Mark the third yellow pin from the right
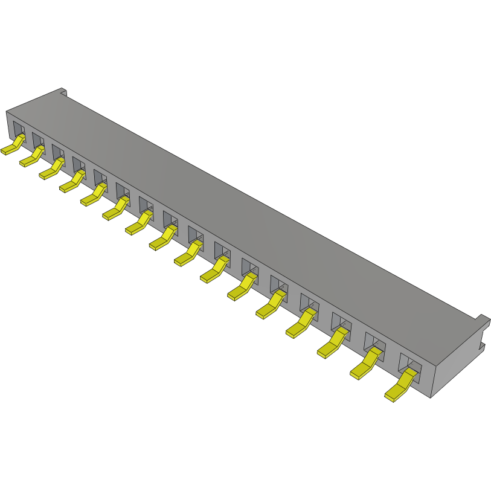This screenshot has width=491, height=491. tap(332, 345)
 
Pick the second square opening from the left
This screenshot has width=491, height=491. tap(37, 140)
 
